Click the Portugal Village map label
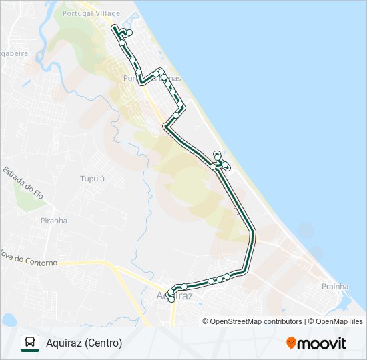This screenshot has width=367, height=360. (x=91, y=13)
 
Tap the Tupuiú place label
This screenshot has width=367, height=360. (x=93, y=179)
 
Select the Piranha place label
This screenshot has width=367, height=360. (x=53, y=221)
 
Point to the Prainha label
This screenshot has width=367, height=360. (x=335, y=287)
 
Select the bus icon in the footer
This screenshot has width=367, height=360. (x=30, y=343)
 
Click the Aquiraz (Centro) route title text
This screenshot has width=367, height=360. (x=84, y=343)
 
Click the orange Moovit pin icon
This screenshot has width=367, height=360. (x=292, y=343)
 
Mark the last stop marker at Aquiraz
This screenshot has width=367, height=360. (x=171, y=300)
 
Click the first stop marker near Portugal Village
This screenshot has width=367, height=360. (x=129, y=33)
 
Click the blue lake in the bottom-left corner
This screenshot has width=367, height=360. (x=8, y=320)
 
